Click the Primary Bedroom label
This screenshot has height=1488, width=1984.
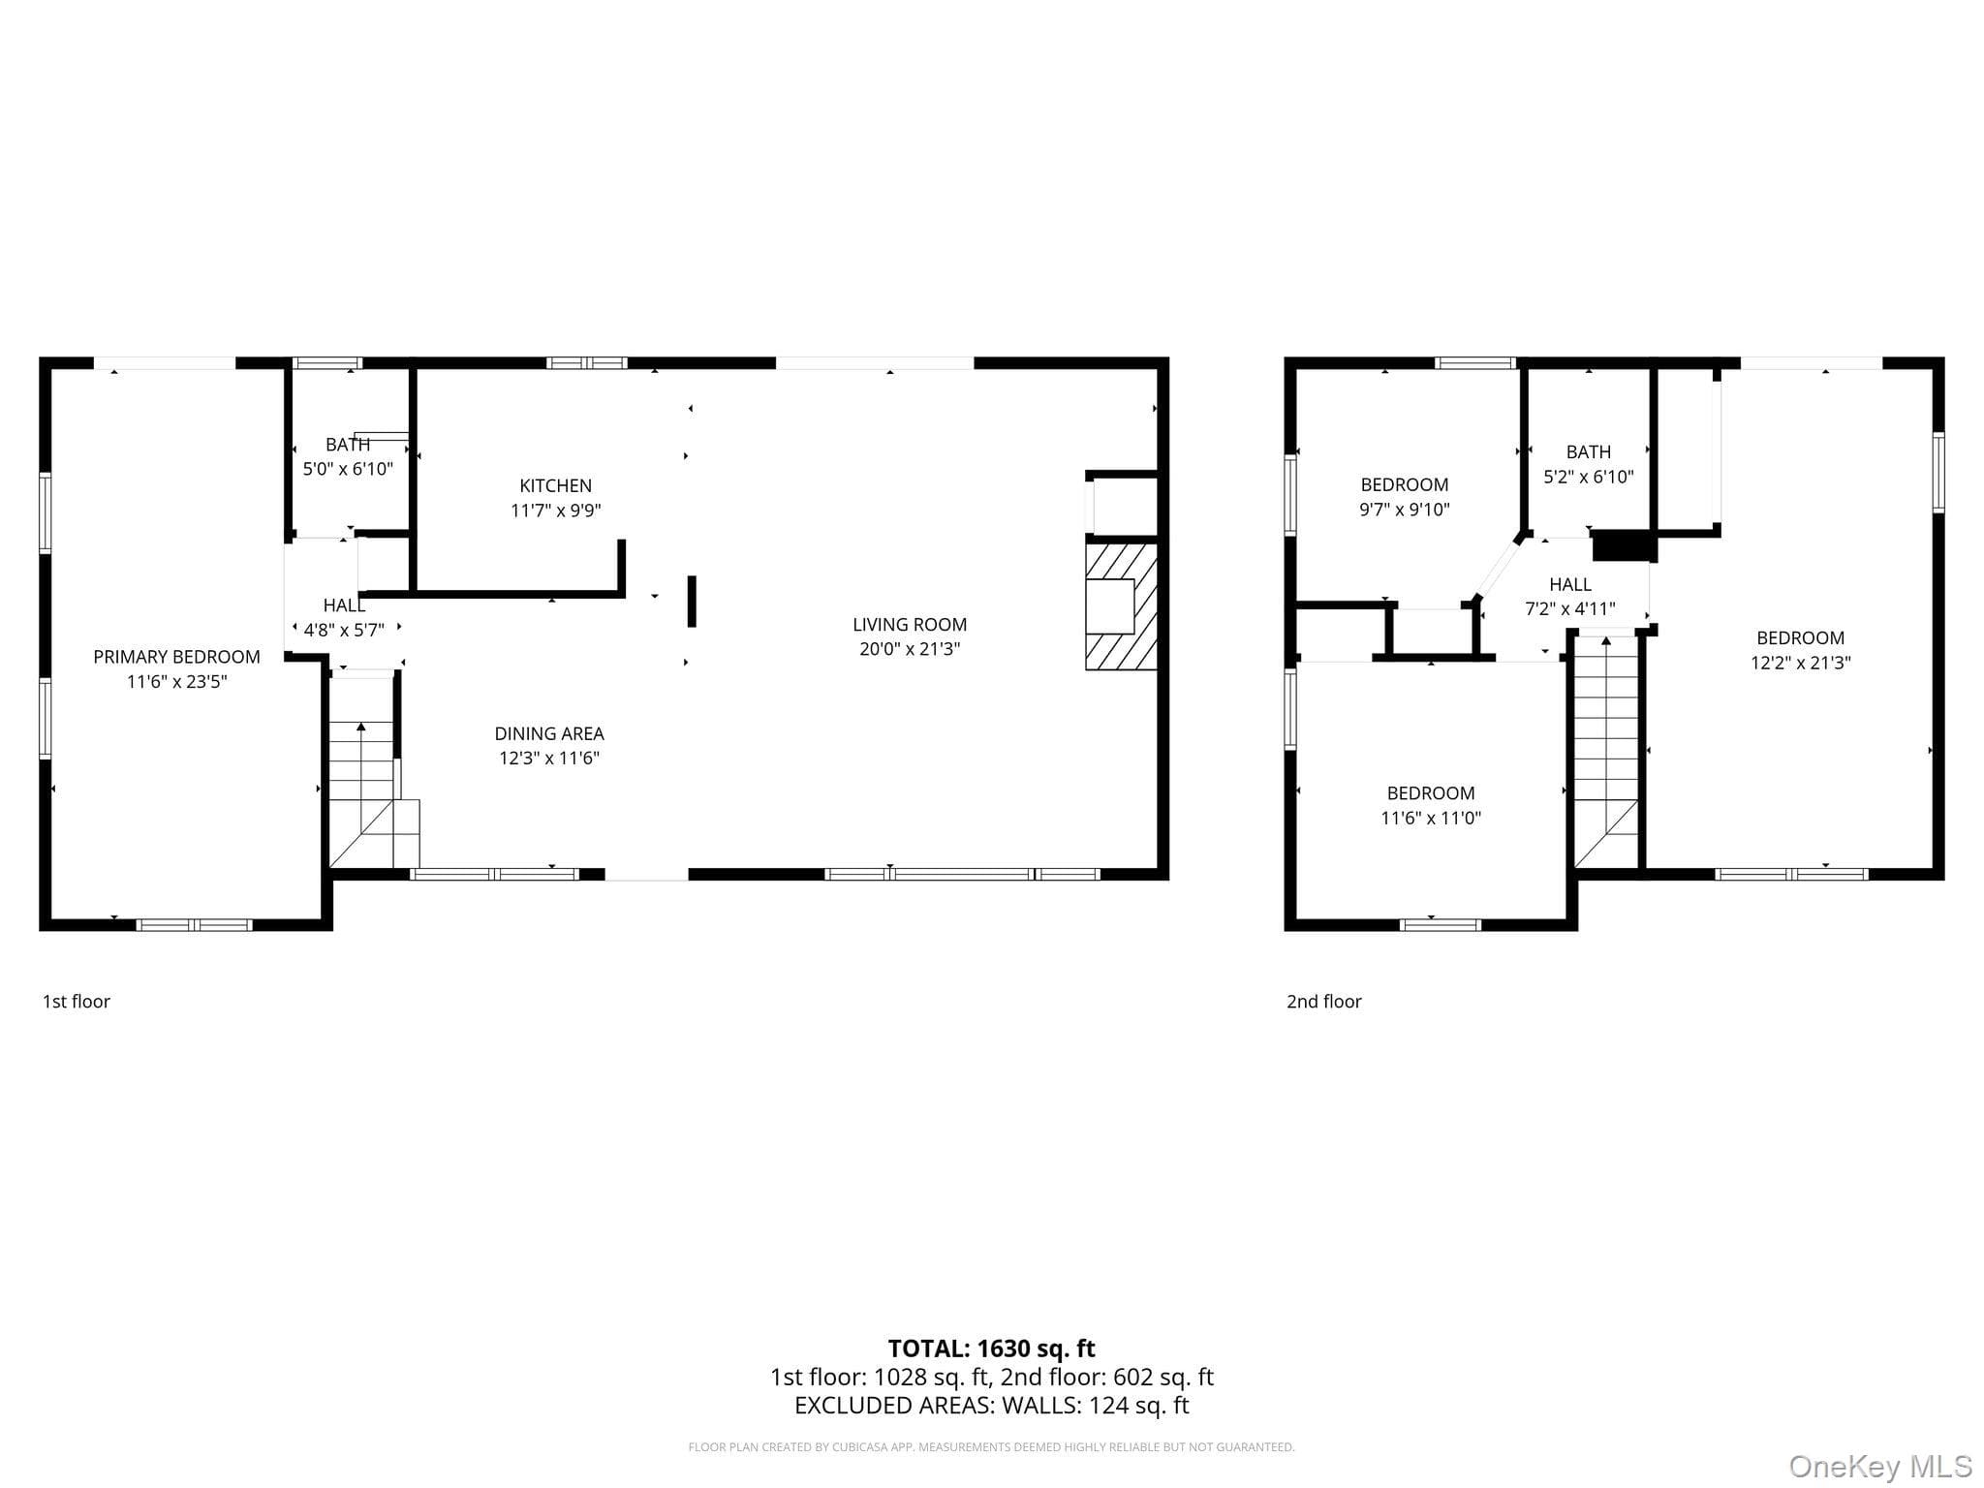coord(176,657)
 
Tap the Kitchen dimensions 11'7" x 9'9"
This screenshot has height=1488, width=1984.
coord(556,511)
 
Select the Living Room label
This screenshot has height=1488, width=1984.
coord(910,625)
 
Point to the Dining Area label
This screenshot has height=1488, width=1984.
coord(549,733)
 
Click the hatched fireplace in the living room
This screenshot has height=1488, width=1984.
coord(1122,606)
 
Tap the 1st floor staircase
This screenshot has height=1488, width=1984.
coord(374,772)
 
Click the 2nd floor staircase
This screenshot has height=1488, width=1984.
coord(1606,751)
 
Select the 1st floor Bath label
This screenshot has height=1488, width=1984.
coord(348,445)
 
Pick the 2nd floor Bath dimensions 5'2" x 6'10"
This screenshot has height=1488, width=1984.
coord(1589,477)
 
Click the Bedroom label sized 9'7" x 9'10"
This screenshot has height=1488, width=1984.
coord(1405,484)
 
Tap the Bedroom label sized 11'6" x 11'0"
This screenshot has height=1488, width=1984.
coord(1431,793)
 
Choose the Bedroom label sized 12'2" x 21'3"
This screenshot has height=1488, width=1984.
coord(1801,638)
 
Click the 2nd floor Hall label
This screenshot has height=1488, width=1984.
coord(1570,584)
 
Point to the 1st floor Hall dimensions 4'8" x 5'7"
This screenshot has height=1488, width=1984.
coord(344,630)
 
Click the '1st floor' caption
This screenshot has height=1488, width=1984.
coord(77,1002)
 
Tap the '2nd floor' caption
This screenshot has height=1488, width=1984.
coord(1324,1002)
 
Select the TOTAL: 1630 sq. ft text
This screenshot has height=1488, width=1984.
coord(992,1348)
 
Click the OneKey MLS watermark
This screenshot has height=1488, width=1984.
coord(1880,1467)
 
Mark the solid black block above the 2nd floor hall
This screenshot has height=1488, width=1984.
coord(1624,545)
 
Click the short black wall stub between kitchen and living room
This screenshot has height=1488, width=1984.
coord(692,602)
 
